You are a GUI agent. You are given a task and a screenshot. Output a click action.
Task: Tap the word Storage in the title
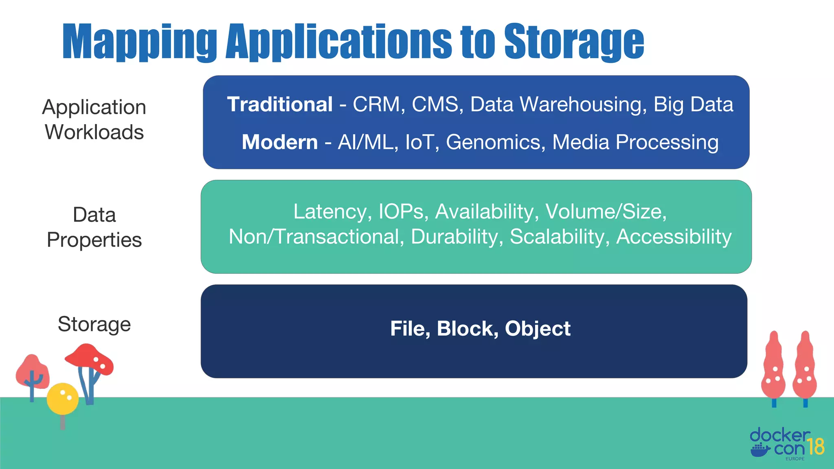click(574, 42)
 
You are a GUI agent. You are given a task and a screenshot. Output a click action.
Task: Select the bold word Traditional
click(280, 105)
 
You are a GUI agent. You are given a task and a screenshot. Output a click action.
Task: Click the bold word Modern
click(279, 142)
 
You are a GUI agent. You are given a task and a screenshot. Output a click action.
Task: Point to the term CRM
click(376, 105)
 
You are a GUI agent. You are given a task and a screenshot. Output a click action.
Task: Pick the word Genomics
click(495, 142)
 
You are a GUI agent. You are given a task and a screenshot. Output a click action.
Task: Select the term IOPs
click(401, 212)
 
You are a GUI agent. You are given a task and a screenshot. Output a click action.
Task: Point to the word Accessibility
click(674, 237)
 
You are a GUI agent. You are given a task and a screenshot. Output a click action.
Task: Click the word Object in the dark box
click(537, 329)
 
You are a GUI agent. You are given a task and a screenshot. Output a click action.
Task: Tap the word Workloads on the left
click(94, 132)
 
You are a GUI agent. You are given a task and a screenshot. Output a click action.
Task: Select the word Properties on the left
click(94, 240)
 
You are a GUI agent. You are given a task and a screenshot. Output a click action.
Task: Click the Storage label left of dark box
click(94, 324)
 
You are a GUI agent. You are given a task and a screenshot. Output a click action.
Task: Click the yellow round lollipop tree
click(62, 398)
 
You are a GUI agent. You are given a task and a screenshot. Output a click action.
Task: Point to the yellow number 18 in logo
click(815, 447)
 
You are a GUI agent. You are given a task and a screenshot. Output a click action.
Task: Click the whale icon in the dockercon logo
click(760, 450)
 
